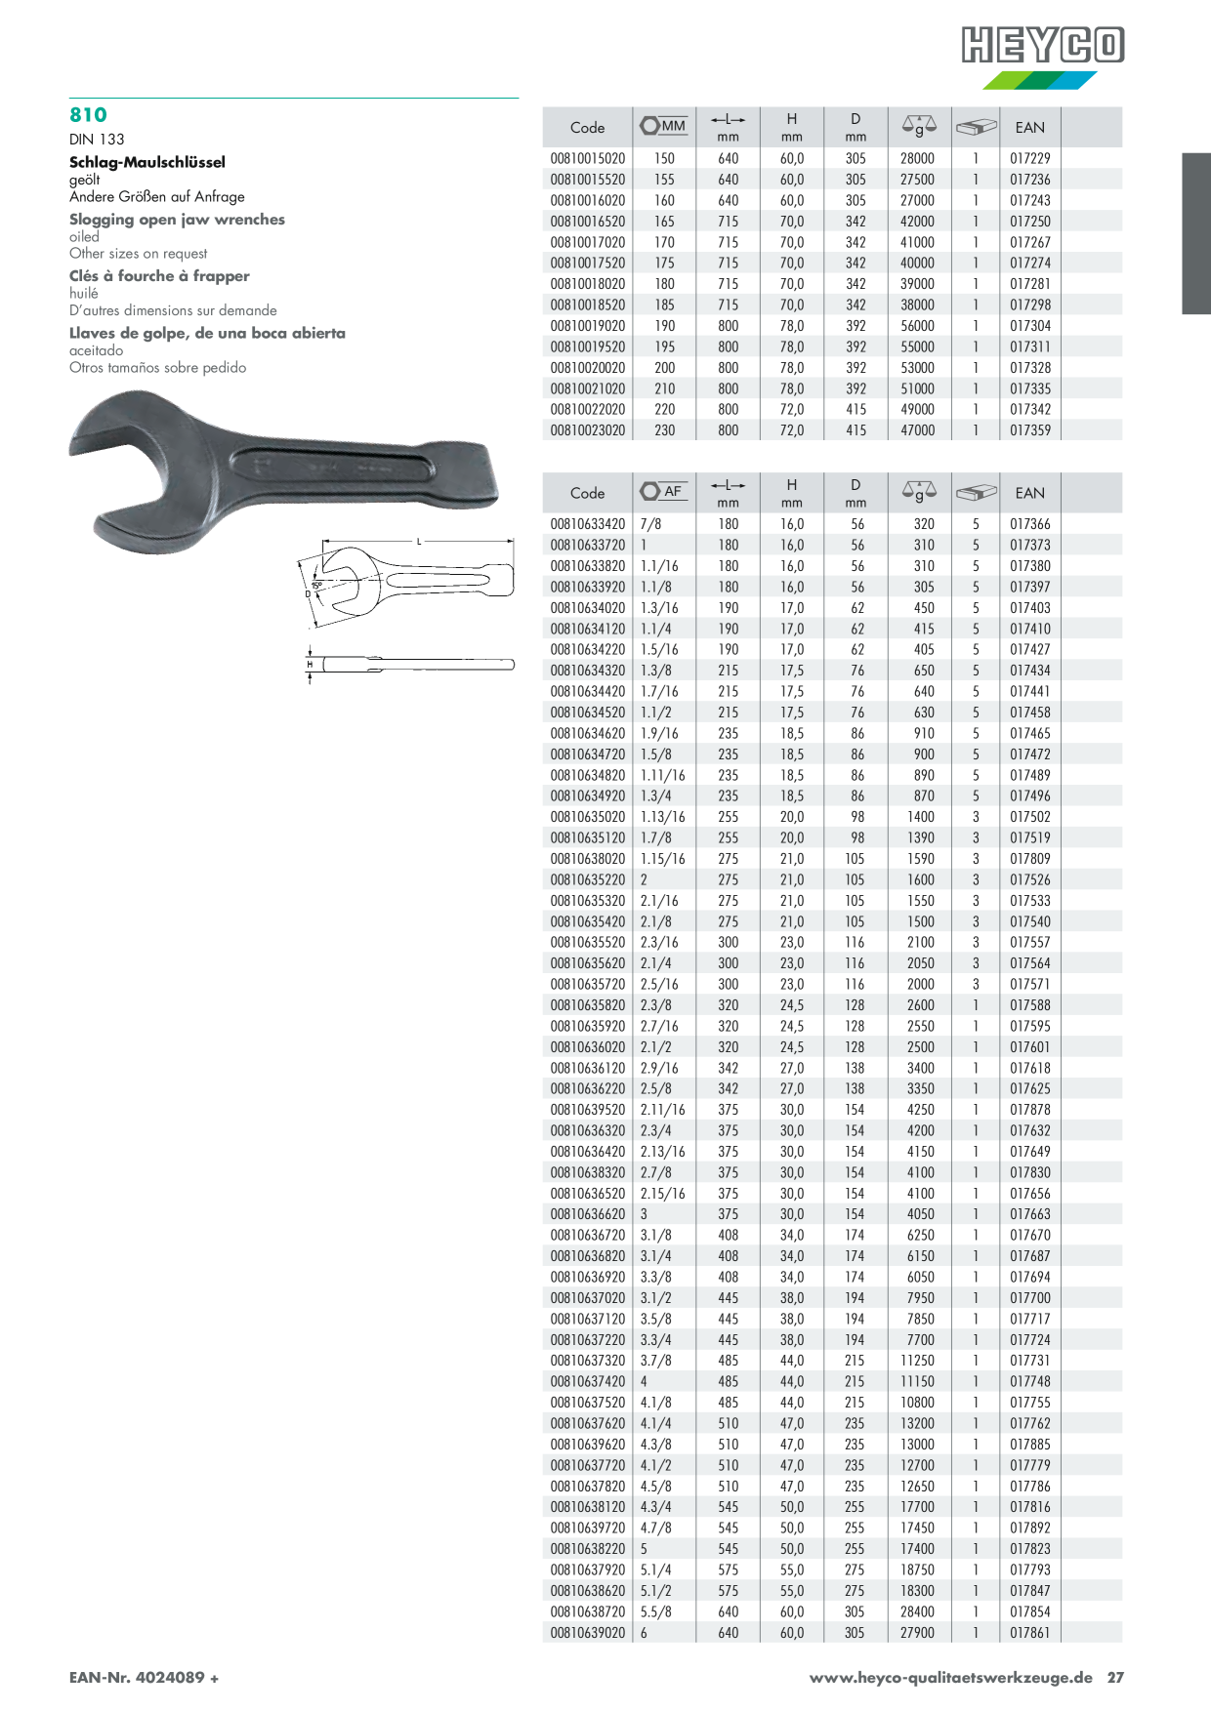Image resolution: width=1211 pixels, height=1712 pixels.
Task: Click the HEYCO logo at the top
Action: (x=1043, y=46)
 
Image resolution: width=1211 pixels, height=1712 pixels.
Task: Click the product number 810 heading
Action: (x=88, y=115)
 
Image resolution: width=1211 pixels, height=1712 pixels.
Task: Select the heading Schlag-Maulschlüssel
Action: (x=147, y=162)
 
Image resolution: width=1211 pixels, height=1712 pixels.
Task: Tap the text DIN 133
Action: (x=97, y=140)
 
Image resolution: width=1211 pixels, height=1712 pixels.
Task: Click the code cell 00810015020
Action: (x=588, y=158)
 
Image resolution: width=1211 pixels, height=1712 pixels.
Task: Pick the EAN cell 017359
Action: (x=1030, y=430)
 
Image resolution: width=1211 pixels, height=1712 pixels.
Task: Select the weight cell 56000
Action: (x=917, y=326)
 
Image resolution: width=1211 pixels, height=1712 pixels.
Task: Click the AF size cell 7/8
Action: (x=651, y=524)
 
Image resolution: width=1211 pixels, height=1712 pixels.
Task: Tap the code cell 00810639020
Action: (x=588, y=1633)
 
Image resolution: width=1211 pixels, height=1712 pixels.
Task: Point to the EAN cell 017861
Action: (x=1030, y=1633)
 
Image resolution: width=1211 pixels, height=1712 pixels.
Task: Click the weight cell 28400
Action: (x=917, y=1611)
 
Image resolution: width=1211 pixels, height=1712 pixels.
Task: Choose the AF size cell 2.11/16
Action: (x=663, y=1110)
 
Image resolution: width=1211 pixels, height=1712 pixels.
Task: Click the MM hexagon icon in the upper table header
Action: (x=650, y=126)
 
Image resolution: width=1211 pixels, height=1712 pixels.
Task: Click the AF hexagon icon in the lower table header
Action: (x=650, y=491)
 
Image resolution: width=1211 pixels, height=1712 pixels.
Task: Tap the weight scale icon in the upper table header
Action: (x=919, y=126)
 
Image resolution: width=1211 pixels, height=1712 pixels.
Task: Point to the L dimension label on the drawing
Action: (x=419, y=542)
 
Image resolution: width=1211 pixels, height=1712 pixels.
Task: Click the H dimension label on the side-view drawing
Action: (x=310, y=665)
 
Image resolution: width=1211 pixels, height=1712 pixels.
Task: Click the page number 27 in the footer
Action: (x=1115, y=1678)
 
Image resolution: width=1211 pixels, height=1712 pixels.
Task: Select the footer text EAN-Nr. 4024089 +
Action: (x=144, y=1678)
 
